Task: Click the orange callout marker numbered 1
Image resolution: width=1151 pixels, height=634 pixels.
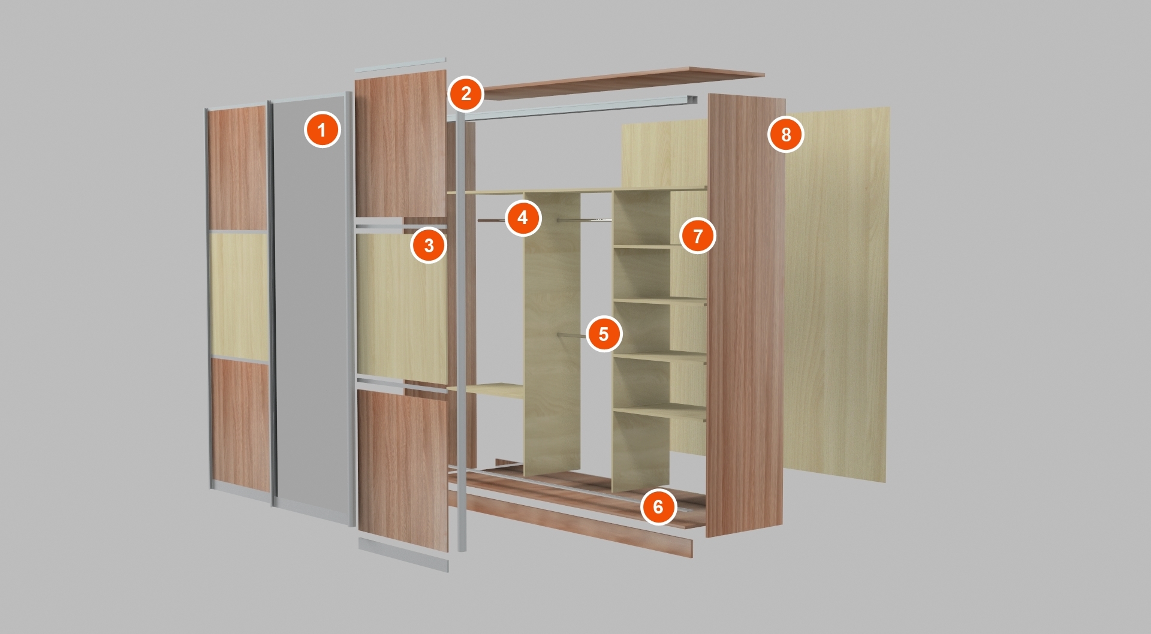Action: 322,129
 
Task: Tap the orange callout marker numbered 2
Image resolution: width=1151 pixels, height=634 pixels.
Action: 466,93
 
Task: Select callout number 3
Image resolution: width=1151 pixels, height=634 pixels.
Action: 429,245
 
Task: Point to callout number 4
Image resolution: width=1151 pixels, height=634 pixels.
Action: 523,218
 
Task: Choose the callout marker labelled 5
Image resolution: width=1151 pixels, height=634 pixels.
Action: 604,334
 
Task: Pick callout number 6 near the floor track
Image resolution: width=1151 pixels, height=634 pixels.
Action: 658,506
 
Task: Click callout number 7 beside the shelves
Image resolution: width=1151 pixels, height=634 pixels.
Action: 697,236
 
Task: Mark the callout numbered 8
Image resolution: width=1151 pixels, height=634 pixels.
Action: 786,134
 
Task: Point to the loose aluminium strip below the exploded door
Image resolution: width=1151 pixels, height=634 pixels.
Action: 403,554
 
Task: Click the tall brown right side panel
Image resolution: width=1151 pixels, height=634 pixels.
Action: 746,315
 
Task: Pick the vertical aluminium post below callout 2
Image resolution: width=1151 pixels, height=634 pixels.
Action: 461,330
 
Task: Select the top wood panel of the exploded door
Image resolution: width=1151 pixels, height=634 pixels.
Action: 400,144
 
